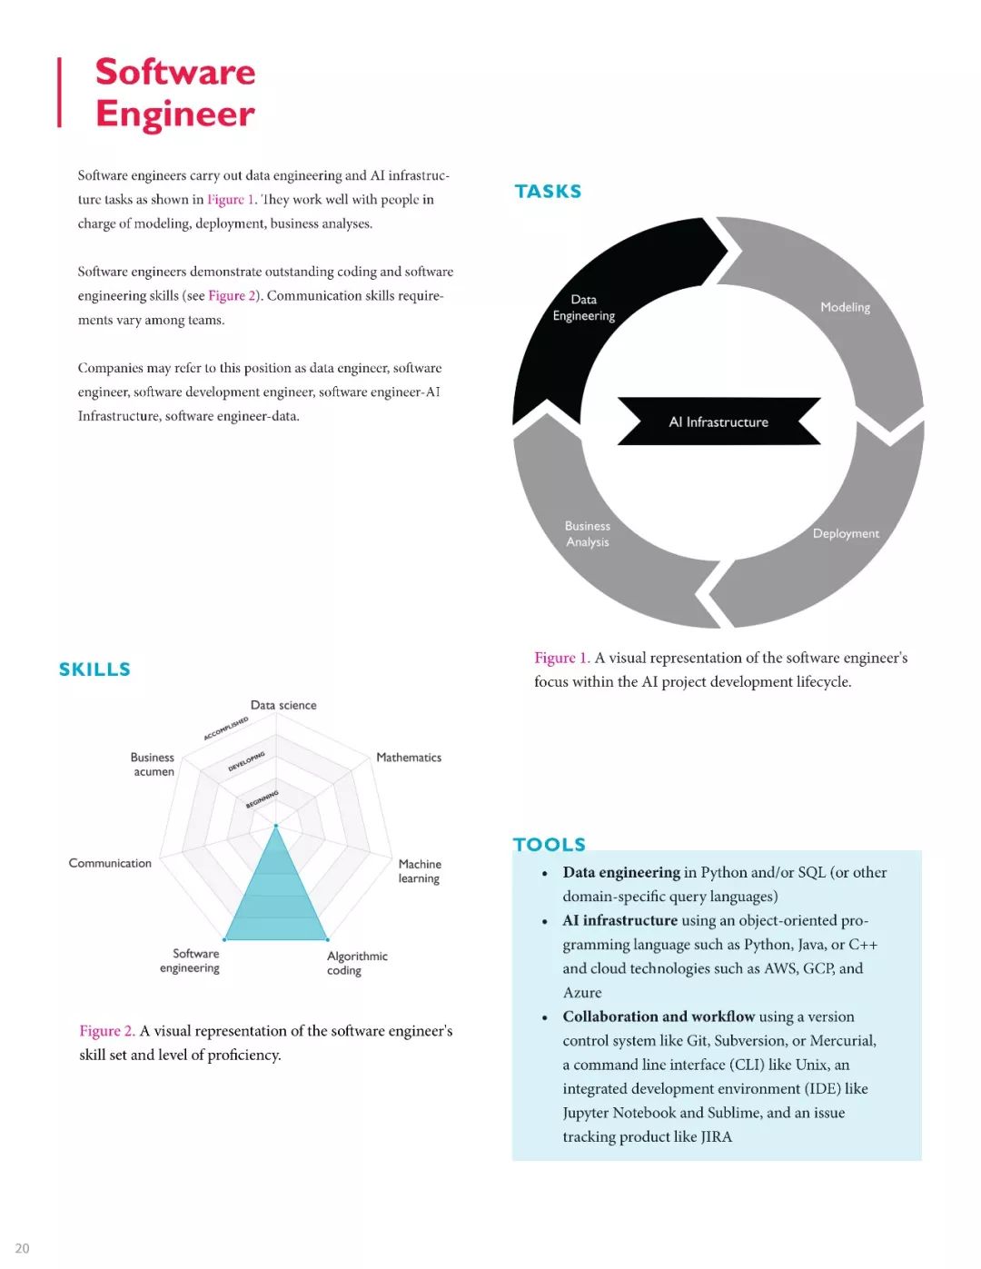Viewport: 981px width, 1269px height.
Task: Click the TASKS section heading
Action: click(x=548, y=192)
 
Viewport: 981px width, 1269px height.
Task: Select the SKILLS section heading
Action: click(x=94, y=669)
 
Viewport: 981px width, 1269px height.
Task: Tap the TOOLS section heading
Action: click(x=550, y=844)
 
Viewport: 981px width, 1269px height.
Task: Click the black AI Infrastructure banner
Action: click(x=718, y=421)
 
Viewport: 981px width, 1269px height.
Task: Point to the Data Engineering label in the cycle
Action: click(x=584, y=308)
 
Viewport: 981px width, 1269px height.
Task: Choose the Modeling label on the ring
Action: click(x=845, y=307)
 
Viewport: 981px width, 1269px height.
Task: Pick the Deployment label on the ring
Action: click(x=846, y=533)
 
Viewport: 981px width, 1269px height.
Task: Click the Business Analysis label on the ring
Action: click(x=588, y=534)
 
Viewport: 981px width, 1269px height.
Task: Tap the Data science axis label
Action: click(x=283, y=705)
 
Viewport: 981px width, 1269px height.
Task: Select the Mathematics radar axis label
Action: click(x=409, y=758)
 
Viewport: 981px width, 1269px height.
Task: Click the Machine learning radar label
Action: click(x=420, y=871)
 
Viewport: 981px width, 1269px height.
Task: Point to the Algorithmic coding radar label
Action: click(x=357, y=963)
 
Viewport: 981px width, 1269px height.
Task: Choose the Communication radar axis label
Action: click(x=110, y=863)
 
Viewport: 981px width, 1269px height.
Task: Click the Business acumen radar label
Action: click(x=153, y=764)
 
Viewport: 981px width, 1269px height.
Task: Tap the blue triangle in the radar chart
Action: click(x=276, y=899)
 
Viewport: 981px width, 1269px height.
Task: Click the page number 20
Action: click(x=22, y=1248)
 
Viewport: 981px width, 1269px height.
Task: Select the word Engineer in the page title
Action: click(x=175, y=114)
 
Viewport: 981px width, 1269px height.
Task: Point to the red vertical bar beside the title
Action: click(x=60, y=93)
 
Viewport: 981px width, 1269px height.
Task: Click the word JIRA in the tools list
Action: click(x=716, y=1136)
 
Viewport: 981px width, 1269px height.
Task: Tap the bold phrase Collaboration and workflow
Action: click(x=659, y=1016)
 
